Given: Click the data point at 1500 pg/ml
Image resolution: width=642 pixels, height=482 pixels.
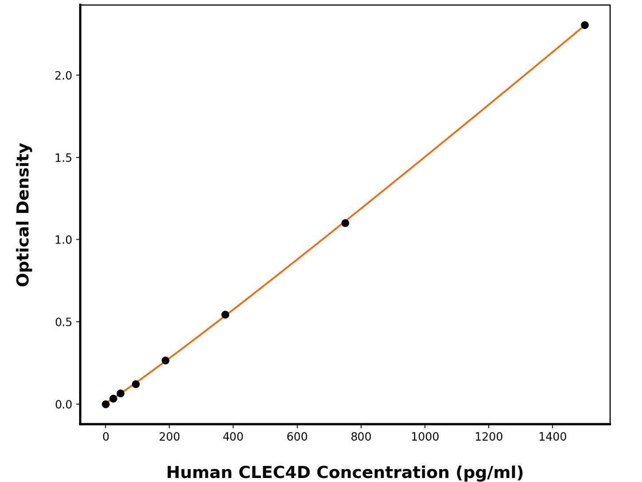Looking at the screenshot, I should tap(585, 25).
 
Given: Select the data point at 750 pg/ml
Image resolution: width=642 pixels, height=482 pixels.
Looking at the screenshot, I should tap(345, 223).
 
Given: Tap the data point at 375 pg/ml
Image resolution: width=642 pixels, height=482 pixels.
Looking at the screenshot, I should tap(225, 315).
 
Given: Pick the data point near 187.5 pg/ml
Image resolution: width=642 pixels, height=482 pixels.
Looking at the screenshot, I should tap(165, 360).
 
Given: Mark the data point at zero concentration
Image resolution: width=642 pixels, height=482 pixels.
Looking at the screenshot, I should tap(106, 404).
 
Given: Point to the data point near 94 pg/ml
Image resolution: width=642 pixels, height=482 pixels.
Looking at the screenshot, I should tap(136, 384).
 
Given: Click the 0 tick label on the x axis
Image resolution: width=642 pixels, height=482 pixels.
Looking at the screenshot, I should tap(106, 437).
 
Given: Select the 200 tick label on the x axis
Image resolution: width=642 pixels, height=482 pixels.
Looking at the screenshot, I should tap(169, 437).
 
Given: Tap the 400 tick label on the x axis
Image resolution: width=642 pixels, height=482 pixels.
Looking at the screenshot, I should tap(233, 437).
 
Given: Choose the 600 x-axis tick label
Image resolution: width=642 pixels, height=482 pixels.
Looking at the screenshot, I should tap(297, 437).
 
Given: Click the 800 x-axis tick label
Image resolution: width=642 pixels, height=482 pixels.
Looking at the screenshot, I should tap(361, 437).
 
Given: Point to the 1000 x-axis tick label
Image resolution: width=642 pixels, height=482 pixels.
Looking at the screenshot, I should tap(425, 437).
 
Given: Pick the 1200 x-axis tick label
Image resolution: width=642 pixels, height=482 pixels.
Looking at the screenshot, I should tap(489, 437).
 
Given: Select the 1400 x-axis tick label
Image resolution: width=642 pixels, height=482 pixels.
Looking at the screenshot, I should tap(553, 437).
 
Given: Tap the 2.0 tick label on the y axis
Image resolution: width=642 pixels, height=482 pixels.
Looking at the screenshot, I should tap(63, 76).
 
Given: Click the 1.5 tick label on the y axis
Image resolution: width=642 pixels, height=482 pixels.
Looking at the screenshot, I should tap(63, 158).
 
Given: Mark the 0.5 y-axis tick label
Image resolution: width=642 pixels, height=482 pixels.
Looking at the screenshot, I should tap(63, 322).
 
